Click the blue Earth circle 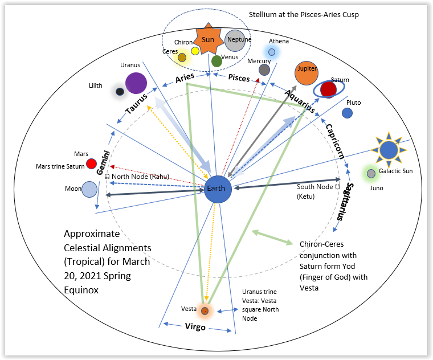[x=218, y=189]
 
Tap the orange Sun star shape [x=208, y=40]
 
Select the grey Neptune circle [x=235, y=40]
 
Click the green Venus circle [x=217, y=60]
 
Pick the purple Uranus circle [x=136, y=83]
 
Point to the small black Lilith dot [x=120, y=91]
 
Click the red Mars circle [x=91, y=164]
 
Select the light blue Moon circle [x=89, y=189]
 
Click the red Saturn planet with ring [x=328, y=89]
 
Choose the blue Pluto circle [x=347, y=113]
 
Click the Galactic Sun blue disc [x=389, y=150]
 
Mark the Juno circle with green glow [x=371, y=173]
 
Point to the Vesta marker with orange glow [x=205, y=310]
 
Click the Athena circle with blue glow [x=272, y=52]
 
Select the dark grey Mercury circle [x=264, y=69]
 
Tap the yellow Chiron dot [x=195, y=51]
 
